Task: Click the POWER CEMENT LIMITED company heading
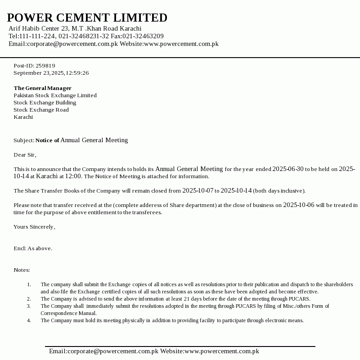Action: (87, 18)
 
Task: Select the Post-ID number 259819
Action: (45, 66)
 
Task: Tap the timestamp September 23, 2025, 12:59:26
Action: (51, 73)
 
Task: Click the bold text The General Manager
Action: (42, 88)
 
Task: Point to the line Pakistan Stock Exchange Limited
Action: (55, 95)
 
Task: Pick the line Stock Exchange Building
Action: (45, 103)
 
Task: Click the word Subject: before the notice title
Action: (24, 140)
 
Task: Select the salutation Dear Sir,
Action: (25, 155)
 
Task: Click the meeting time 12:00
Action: (73, 176)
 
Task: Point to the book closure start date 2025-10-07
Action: (198, 191)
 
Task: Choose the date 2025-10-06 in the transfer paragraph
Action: (299, 205)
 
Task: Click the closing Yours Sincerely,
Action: (34, 227)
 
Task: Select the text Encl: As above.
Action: (33, 248)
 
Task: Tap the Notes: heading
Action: (22, 270)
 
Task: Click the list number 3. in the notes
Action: (29, 306)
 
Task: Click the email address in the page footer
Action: (103, 351)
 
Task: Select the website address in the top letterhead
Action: (181, 44)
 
